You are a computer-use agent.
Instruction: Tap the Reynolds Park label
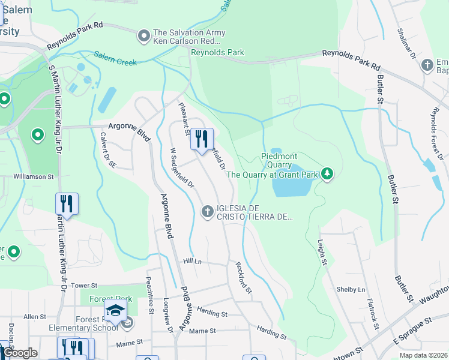click(217, 53)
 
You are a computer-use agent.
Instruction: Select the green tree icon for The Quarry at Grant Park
click(327, 174)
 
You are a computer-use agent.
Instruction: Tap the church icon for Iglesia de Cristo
click(207, 211)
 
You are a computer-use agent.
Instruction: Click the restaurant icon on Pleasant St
click(202, 139)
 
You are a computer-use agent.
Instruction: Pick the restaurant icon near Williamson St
click(67, 203)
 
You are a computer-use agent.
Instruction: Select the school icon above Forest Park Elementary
click(115, 310)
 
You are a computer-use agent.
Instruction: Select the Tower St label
click(83, 286)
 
